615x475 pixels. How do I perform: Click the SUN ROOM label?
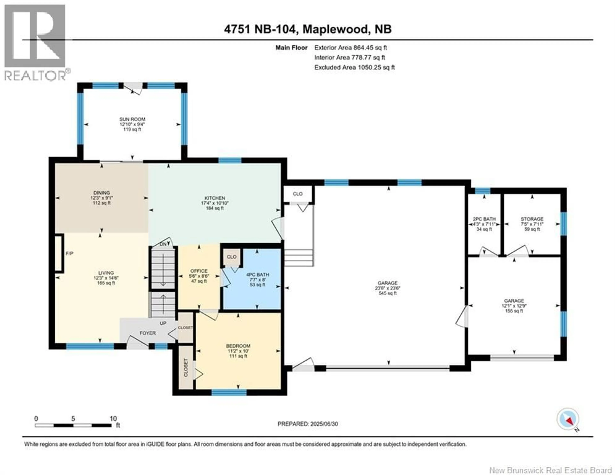[x=132, y=119]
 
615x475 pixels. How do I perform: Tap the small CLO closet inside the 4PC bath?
[x=231, y=257]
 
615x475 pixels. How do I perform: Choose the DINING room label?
[x=102, y=193]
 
